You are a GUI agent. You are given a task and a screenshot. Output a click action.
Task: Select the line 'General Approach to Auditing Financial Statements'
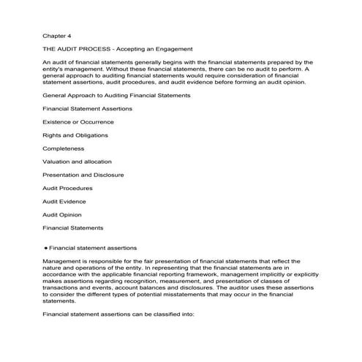(117, 95)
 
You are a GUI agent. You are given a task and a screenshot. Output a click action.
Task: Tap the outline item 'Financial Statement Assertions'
(88, 108)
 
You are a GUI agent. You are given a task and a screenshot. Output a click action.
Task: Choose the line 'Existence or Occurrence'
(78, 121)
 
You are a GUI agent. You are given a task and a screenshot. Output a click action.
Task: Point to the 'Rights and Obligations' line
(75, 135)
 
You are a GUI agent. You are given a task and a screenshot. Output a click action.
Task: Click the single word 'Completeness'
(63, 148)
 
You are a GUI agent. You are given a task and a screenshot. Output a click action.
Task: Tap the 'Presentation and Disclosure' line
(83, 175)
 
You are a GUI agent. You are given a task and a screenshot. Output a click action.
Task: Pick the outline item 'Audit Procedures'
(67, 188)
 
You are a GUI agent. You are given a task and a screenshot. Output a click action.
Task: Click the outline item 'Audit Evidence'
(64, 201)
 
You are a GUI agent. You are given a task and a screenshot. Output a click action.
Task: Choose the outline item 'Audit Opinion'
(62, 214)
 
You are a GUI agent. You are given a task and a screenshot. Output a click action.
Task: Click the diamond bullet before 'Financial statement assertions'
(46, 247)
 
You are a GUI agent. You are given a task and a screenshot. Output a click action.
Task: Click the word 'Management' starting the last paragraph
(62, 261)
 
